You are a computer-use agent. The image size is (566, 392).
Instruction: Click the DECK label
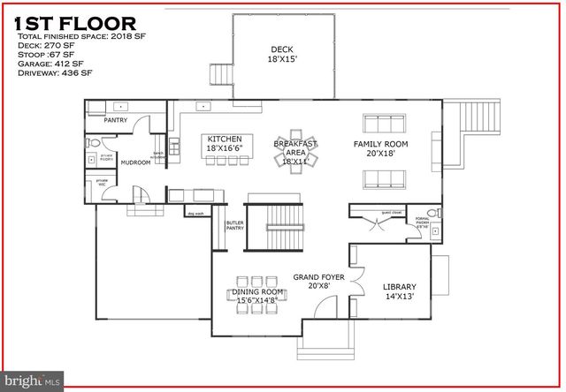coord(283,53)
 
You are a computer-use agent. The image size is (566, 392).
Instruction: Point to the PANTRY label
coord(116,120)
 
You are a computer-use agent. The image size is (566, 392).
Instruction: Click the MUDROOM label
coord(136,162)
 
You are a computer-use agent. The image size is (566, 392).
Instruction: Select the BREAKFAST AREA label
coord(295,152)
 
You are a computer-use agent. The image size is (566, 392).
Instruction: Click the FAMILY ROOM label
coord(380,148)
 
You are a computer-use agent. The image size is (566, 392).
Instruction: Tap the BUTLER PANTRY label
coord(234,226)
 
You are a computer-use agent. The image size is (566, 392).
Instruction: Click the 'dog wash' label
coord(195,213)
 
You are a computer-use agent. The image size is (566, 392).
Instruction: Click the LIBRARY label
coord(400,291)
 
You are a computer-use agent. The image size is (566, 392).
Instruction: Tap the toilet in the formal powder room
coord(433,214)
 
